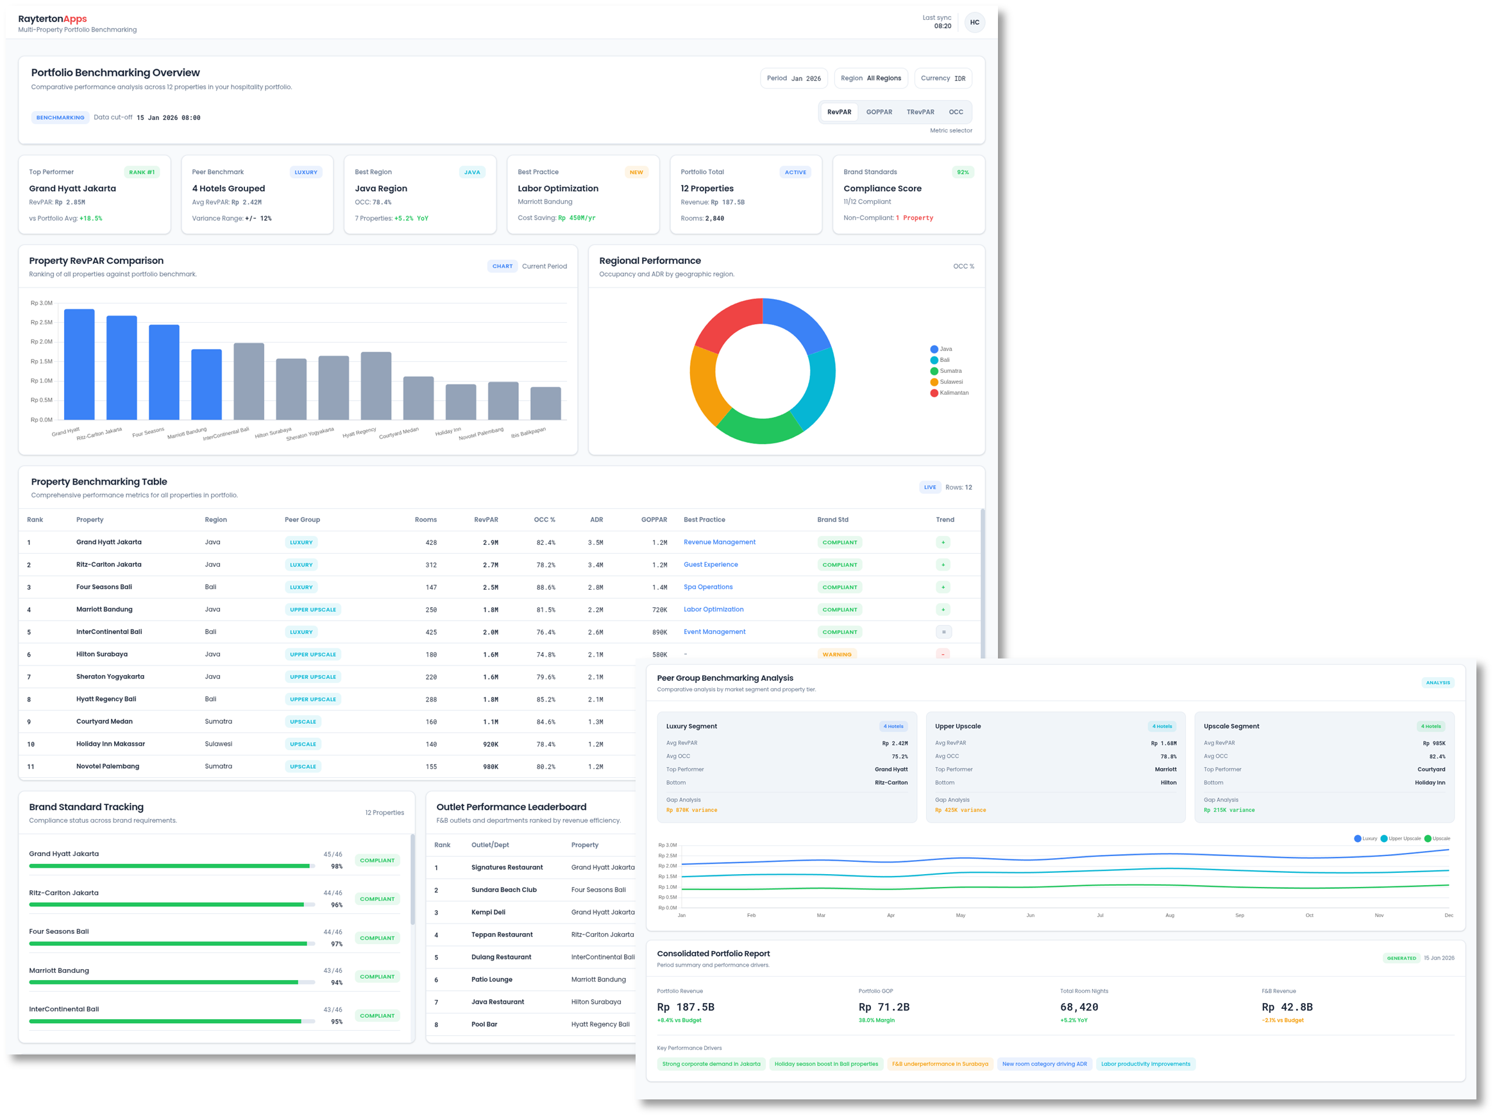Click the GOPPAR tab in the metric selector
pyautogui.click(x=879, y=112)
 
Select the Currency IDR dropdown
pyautogui.click(x=943, y=78)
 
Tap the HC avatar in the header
pyautogui.click(x=974, y=22)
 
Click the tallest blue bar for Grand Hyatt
pyautogui.click(x=79, y=365)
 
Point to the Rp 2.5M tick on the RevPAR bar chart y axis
pyautogui.click(x=41, y=323)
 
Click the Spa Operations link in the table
pyautogui.click(x=707, y=587)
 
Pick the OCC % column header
pyautogui.click(x=544, y=520)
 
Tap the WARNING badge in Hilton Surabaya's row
pyautogui.click(x=837, y=654)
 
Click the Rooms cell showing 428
pyautogui.click(x=430, y=542)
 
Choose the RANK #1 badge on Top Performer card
pyautogui.click(x=142, y=173)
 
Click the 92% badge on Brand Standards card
pyautogui.click(x=963, y=173)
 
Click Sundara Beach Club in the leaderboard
pyautogui.click(x=503, y=890)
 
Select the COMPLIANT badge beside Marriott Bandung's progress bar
pyautogui.click(x=377, y=977)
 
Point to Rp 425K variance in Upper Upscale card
pyautogui.click(x=960, y=811)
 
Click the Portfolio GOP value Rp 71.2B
pyautogui.click(x=883, y=1007)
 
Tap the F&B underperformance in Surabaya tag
pyautogui.click(x=940, y=1064)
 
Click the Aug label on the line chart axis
pyautogui.click(x=1170, y=915)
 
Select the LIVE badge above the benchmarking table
pyautogui.click(x=930, y=488)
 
